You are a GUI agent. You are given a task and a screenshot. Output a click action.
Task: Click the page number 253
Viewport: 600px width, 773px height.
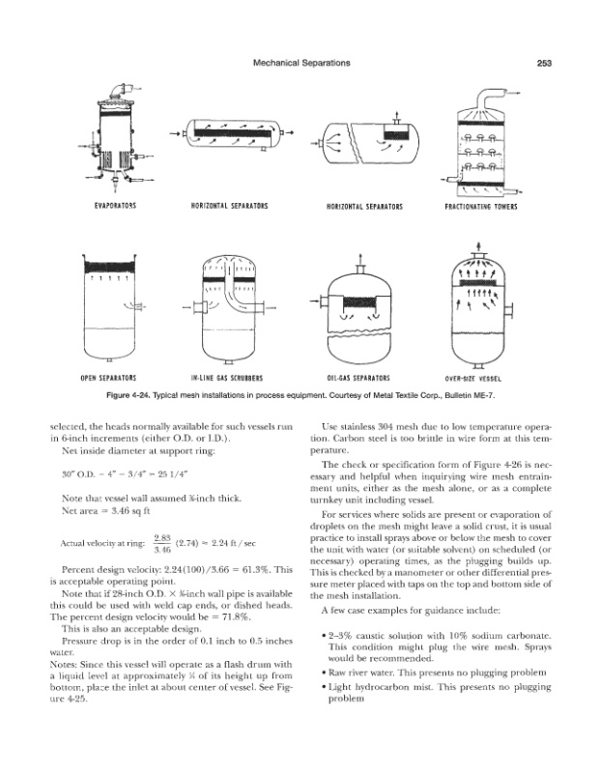[x=542, y=63]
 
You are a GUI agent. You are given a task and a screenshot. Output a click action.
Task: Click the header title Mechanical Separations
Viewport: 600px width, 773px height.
[x=300, y=63]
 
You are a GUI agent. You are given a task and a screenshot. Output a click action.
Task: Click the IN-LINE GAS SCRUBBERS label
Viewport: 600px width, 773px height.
[x=230, y=378]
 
